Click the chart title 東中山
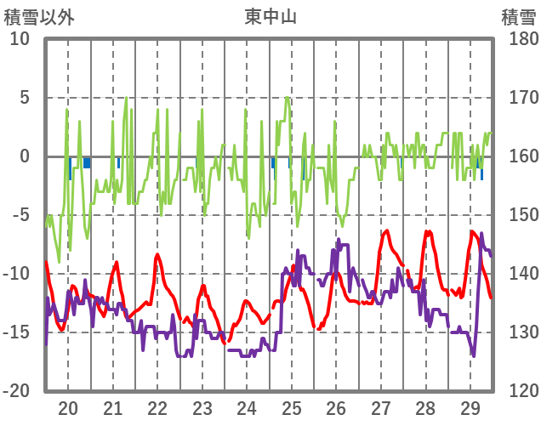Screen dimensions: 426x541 270,15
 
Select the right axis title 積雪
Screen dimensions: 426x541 518,15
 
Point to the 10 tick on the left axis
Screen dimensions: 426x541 20,39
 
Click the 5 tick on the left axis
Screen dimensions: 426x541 24,98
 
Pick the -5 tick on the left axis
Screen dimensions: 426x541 20,215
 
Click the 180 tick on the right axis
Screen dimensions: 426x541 518,39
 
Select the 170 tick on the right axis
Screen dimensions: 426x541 518,98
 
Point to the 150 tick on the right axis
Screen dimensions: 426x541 518,215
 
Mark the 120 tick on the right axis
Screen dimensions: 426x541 518,391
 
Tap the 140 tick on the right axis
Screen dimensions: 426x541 518,274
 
